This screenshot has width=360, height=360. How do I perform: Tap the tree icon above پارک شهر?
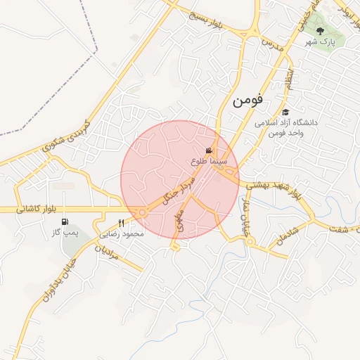pyautogui.click(x=321, y=30)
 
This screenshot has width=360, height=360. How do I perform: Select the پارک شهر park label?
pyautogui.click(x=321, y=42)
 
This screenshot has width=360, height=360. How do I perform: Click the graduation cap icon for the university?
pyautogui.click(x=285, y=112)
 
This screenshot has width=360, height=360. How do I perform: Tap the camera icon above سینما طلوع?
pyautogui.click(x=209, y=150)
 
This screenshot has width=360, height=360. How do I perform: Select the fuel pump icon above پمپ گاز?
pyautogui.click(x=65, y=221)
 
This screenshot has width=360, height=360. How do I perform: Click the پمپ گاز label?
pyautogui.click(x=65, y=231)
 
